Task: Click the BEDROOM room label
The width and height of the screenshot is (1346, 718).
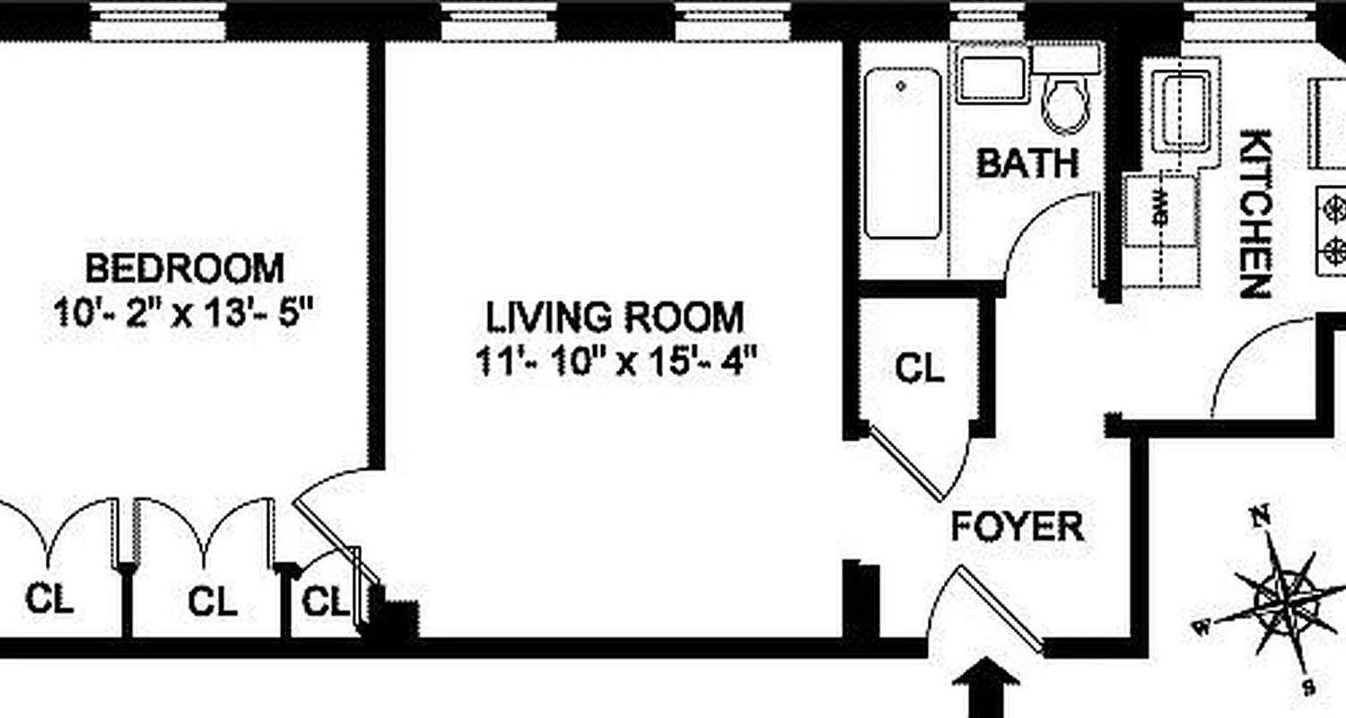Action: pyautogui.click(x=184, y=268)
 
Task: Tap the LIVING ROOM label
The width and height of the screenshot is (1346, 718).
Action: pyautogui.click(x=615, y=317)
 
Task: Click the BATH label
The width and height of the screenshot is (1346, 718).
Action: pyautogui.click(x=1027, y=163)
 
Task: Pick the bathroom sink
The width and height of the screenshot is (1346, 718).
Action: pyautogui.click(x=991, y=79)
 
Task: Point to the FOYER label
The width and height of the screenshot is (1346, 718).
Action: pyautogui.click(x=1018, y=527)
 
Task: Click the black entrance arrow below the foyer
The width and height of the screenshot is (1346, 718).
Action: pyautogui.click(x=985, y=687)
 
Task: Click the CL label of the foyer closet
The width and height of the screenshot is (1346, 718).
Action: pyautogui.click(x=921, y=368)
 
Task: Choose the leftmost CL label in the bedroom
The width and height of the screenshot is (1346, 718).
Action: pyautogui.click(x=49, y=599)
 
